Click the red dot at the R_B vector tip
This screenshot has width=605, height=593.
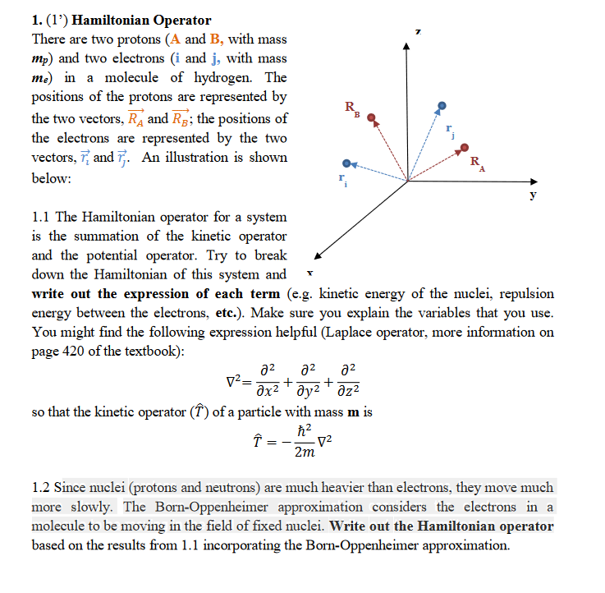(x=372, y=117)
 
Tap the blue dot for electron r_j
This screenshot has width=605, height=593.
(x=442, y=106)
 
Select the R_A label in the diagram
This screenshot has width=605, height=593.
(x=476, y=163)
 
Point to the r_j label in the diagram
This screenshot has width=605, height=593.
(x=449, y=131)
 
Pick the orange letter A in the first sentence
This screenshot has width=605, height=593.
(x=172, y=39)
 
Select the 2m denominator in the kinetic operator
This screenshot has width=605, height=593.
(x=305, y=453)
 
